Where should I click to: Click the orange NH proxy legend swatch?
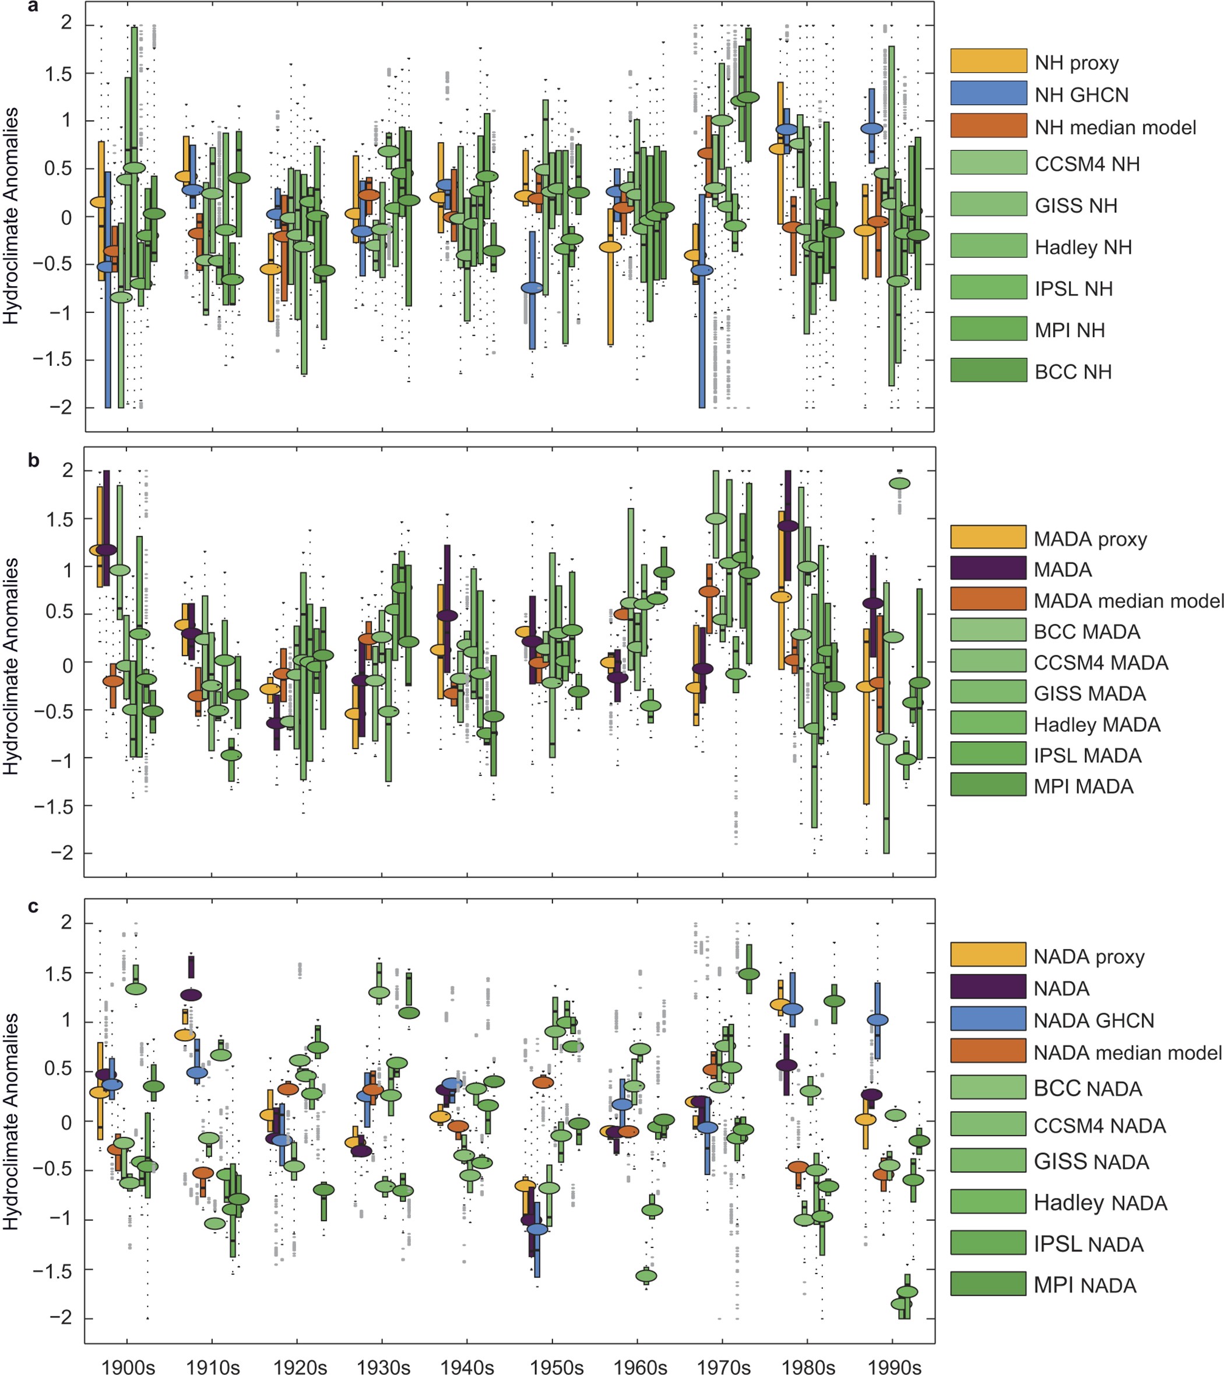click(988, 61)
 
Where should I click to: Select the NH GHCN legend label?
click(1081, 95)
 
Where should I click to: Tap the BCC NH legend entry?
click(1072, 371)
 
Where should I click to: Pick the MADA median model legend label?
click(1128, 600)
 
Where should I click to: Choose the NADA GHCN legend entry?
click(1093, 1021)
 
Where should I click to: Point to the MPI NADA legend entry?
click(1085, 1285)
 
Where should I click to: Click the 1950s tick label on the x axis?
click(556, 1366)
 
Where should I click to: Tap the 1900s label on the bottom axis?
click(128, 1366)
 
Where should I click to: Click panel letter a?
click(33, 8)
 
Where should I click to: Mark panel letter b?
click(34, 461)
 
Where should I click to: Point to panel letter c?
click(33, 907)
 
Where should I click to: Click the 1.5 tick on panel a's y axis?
click(59, 74)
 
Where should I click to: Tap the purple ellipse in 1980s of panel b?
click(787, 526)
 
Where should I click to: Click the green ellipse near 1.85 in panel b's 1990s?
click(900, 483)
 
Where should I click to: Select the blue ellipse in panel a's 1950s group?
click(532, 288)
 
